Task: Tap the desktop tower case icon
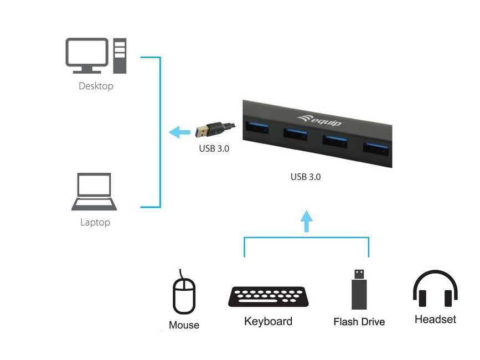120,55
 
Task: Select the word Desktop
96,86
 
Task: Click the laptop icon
94,192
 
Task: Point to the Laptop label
95,223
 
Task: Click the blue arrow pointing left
179,132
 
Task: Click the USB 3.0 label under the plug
214,148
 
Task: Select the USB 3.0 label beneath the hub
306,177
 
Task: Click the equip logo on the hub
321,119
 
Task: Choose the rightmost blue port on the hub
377,147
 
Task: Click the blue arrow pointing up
306,221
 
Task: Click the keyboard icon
268,297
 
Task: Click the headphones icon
435,289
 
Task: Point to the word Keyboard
268,321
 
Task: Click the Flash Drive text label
359,322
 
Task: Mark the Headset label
435,320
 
